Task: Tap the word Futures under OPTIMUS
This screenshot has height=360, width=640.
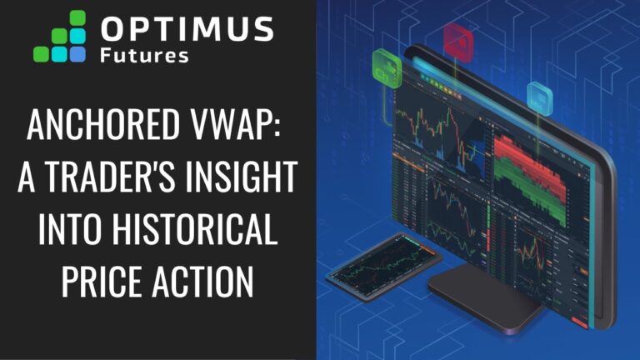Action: click(x=144, y=56)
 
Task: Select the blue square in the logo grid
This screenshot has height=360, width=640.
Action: click(x=77, y=54)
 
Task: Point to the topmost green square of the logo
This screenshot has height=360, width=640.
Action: click(x=78, y=17)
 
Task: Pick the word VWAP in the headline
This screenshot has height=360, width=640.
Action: click(x=237, y=127)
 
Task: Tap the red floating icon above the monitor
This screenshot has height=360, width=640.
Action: click(x=456, y=36)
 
